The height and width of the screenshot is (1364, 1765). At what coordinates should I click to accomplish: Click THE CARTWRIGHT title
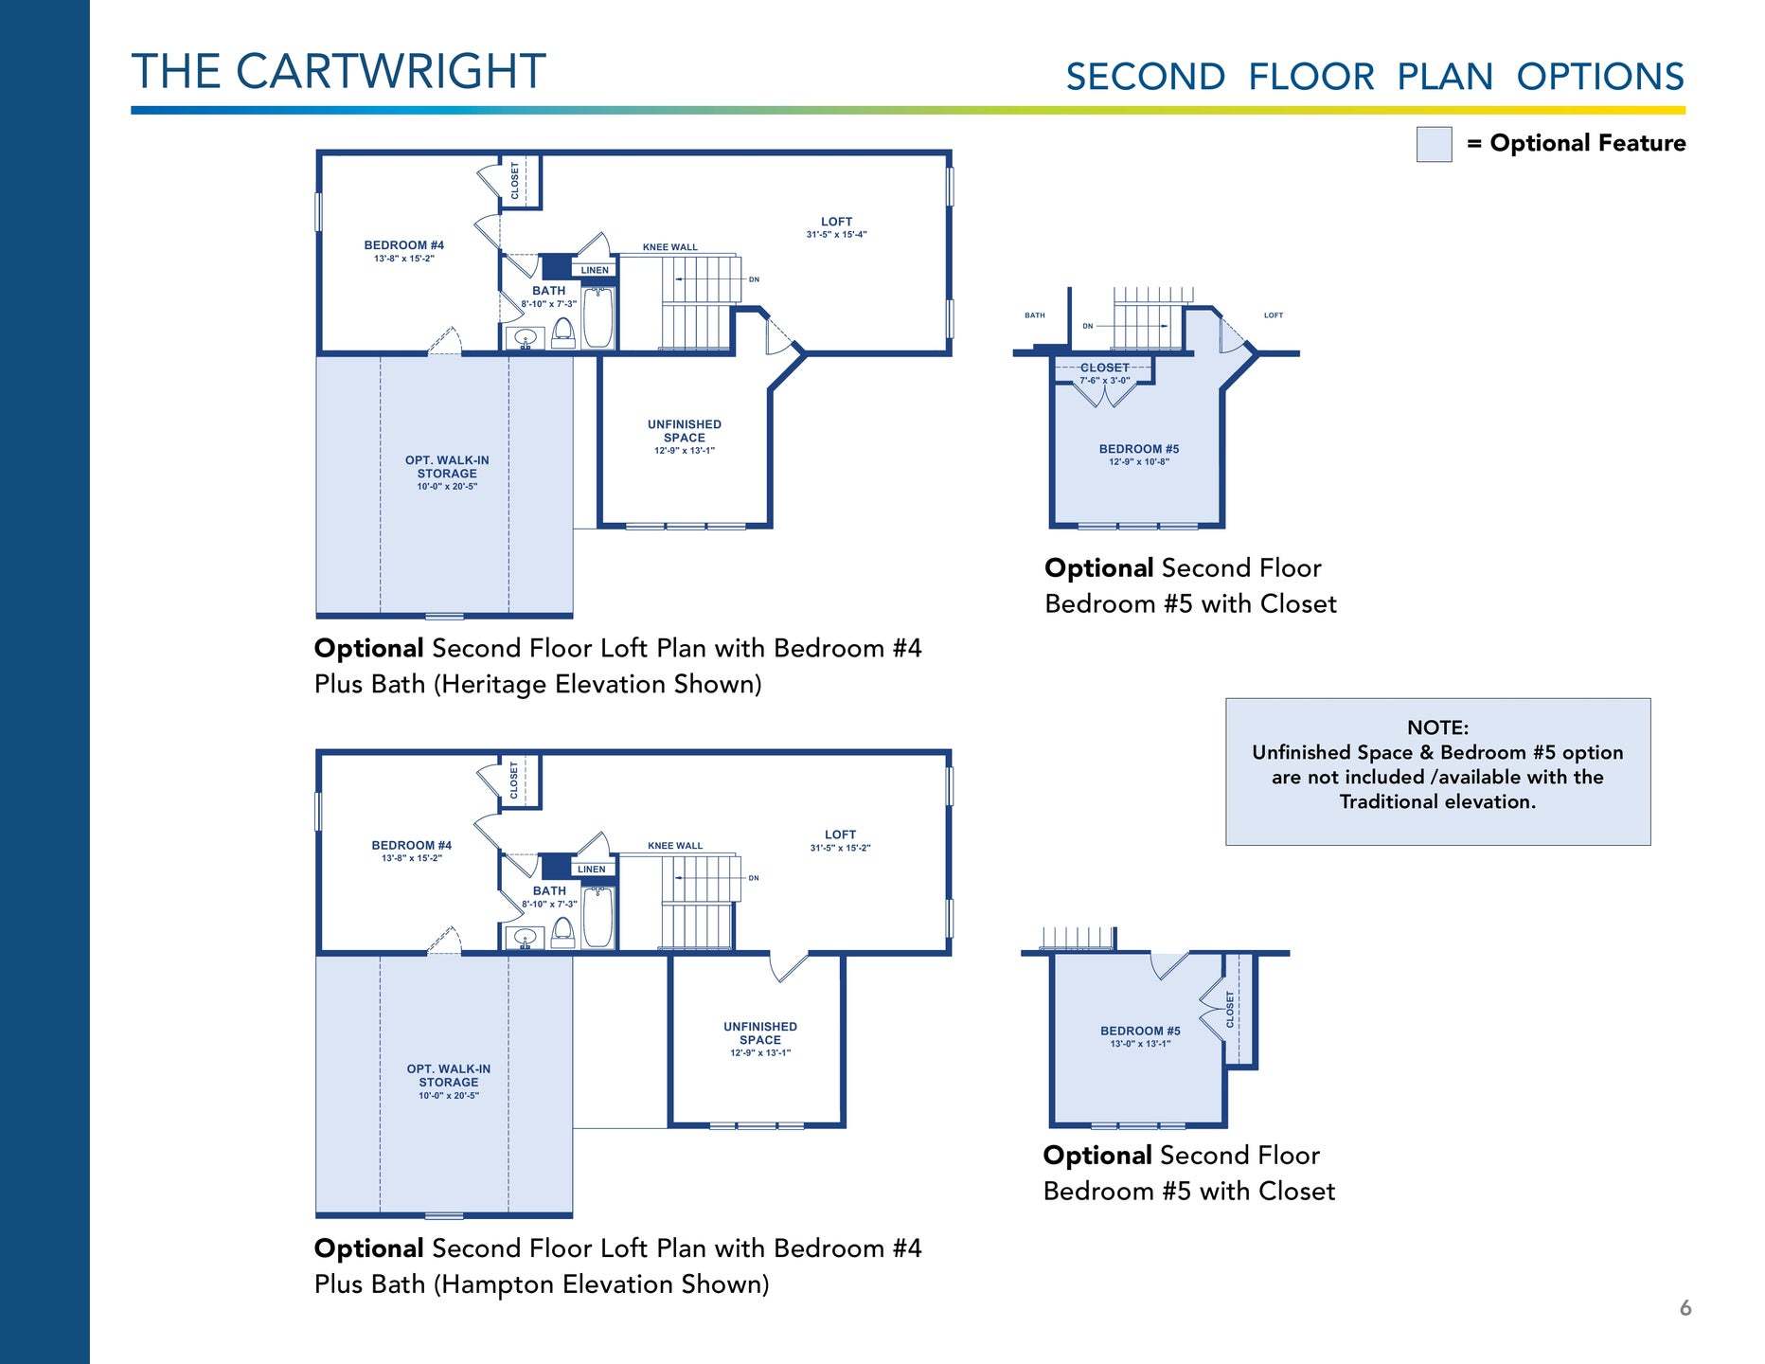pos(338,71)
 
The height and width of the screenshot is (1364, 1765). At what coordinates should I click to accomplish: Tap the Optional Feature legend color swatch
pos(1434,144)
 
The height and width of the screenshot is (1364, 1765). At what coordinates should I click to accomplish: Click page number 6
pos(1685,1308)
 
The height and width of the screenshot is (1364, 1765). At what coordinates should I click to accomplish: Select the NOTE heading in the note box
pos(1437,727)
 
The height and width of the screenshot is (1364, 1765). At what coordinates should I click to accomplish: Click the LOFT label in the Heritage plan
pos(836,222)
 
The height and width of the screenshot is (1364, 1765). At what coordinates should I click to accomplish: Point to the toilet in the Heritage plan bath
pos(562,333)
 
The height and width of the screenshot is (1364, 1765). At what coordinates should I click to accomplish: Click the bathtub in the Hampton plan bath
pos(597,917)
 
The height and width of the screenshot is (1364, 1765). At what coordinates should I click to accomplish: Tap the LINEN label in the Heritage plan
pos(595,270)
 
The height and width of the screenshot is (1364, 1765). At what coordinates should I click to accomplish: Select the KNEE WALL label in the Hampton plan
pos(675,846)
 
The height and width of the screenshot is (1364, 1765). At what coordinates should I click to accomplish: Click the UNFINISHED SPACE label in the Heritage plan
pos(684,431)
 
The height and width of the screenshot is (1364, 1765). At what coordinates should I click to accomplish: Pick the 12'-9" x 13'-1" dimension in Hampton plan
pos(760,1052)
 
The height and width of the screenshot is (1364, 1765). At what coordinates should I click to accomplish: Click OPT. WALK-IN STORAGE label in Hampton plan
pos(449,1075)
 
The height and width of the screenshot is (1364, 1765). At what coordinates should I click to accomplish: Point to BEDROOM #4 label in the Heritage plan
pos(404,245)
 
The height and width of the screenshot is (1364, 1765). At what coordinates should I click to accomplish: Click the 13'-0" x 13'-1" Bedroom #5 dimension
pos(1140,1044)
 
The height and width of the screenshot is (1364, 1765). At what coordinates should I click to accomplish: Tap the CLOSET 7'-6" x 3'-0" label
pos(1105,373)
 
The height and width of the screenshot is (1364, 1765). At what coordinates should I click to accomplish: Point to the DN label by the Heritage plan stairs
pos(754,279)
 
